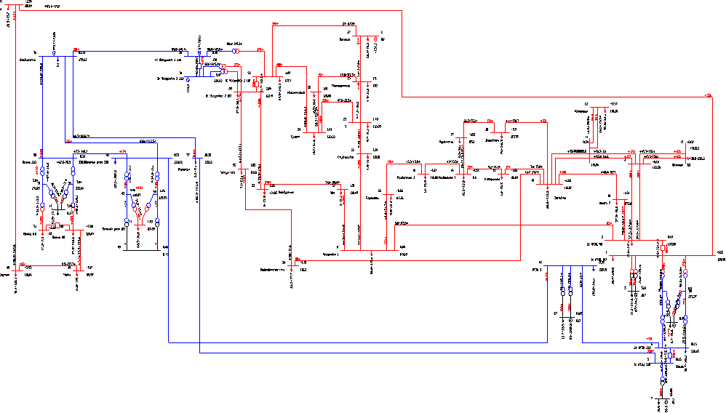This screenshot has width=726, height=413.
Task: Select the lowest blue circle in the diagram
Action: pyautogui.click(x=662, y=379)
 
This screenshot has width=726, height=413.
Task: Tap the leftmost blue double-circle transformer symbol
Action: pyautogui.click(x=42, y=172)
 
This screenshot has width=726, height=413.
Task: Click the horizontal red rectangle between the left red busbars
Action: pyautogui.click(x=57, y=225)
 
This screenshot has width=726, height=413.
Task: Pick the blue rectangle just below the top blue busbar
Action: pyautogui.click(x=199, y=66)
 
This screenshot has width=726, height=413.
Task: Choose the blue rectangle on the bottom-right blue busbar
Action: pyautogui.click(x=670, y=356)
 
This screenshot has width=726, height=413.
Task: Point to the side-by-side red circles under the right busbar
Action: pyautogui.click(x=633, y=272)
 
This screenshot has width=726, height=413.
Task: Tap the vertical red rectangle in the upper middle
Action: pyautogui.click(x=256, y=84)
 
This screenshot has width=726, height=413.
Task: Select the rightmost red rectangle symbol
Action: pyautogui.click(x=663, y=248)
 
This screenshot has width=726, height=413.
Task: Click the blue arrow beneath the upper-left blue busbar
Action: pyautogui.click(x=188, y=79)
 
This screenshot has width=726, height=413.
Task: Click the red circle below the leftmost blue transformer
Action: pyautogui.click(x=42, y=209)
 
